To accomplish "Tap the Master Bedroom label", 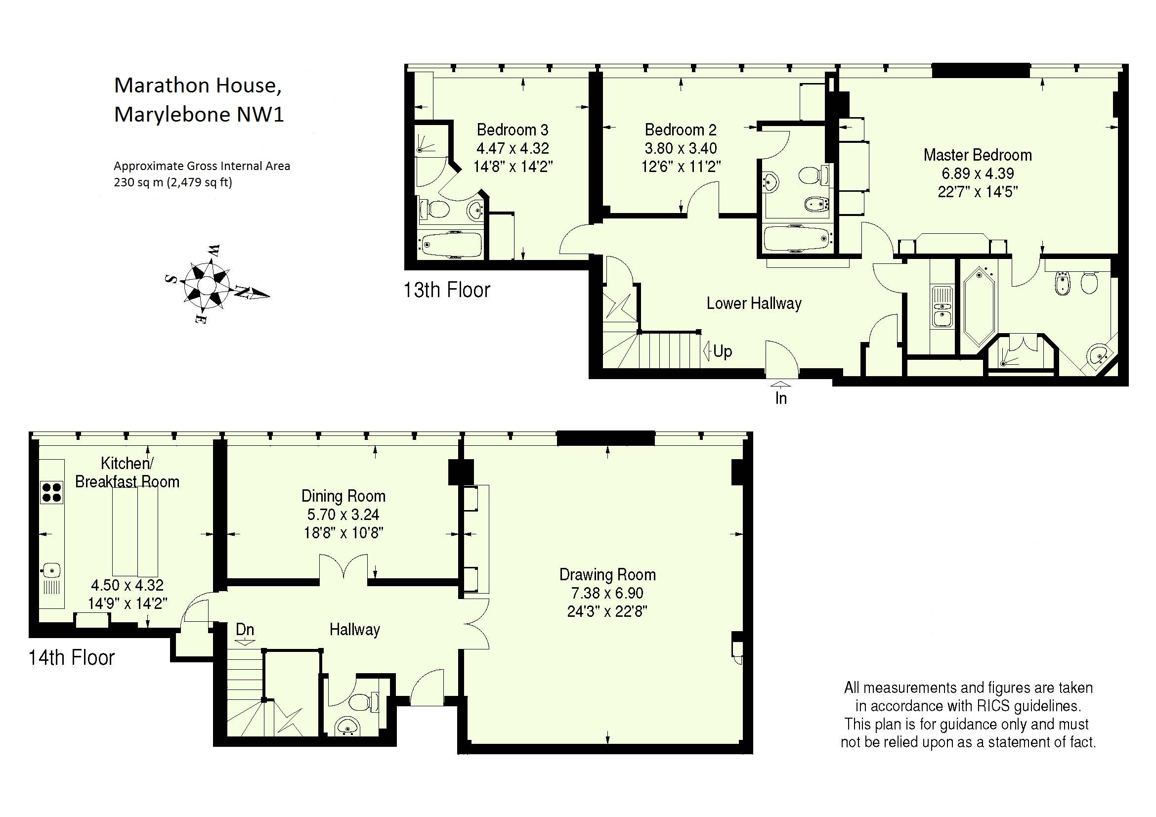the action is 978,155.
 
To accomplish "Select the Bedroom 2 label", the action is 681,130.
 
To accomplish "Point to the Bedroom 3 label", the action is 513,130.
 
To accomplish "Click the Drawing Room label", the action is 608,574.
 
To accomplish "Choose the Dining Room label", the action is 343,496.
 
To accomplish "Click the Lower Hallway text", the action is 754,303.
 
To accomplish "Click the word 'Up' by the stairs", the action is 723,351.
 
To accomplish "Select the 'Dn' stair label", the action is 245,629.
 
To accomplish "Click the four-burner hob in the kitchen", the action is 51,492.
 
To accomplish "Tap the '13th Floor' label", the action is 447,290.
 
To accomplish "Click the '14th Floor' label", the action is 72,657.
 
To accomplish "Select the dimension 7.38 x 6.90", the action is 607,593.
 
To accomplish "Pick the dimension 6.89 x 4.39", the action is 978,173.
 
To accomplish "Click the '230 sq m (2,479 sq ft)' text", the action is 173,182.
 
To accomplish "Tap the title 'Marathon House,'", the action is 198,86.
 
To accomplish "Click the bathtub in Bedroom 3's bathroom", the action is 450,245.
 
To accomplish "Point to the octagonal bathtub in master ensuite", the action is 979,306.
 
